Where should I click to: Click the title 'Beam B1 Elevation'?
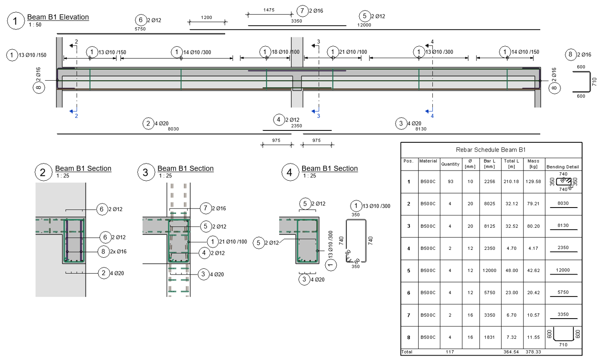(x=58, y=17)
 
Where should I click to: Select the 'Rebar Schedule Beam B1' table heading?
(x=491, y=150)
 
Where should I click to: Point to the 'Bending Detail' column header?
(x=563, y=167)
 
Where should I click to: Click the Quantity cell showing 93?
(x=451, y=181)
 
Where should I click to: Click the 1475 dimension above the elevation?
(x=269, y=9)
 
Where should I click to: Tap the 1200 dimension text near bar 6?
(x=207, y=18)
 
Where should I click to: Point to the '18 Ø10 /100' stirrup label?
(x=286, y=52)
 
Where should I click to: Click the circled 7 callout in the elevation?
(x=302, y=11)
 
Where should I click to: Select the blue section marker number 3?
(x=318, y=116)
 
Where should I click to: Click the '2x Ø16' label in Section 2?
(x=118, y=252)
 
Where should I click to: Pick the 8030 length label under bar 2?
(x=173, y=129)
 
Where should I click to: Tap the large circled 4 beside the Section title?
(x=289, y=172)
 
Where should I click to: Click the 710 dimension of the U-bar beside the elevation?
(x=594, y=82)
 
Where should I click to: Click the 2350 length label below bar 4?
(x=297, y=126)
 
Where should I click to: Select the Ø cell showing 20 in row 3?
(x=471, y=226)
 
